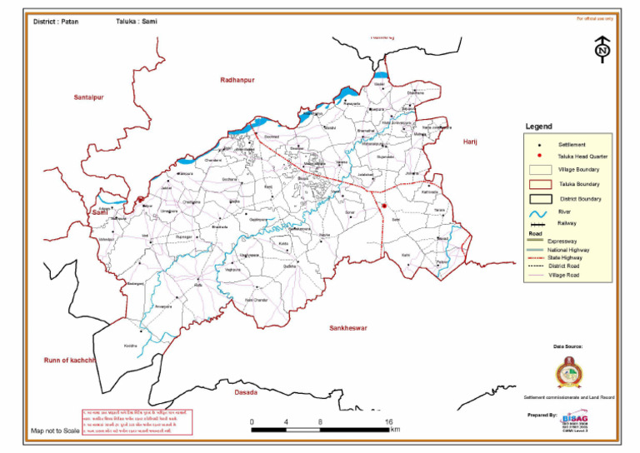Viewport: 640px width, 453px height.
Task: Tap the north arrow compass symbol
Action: point(602,49)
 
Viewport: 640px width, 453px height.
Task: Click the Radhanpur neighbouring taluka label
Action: point(237,79)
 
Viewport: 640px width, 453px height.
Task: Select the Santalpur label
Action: point(92,98)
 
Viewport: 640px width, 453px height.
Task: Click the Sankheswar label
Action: point(349,328)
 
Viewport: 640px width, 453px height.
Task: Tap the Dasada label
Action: point(245,391)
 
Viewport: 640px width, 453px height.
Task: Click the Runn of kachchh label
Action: point(71,360)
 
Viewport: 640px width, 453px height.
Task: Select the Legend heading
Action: point(538,127)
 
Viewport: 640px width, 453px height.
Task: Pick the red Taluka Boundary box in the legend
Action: point(541,184)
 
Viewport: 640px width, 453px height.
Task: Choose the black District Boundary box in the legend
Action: point(541,199)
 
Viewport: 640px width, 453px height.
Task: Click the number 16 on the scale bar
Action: point(389,422)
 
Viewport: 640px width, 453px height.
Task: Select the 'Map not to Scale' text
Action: point(55,431)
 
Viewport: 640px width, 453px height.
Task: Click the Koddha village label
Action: point(130,345)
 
